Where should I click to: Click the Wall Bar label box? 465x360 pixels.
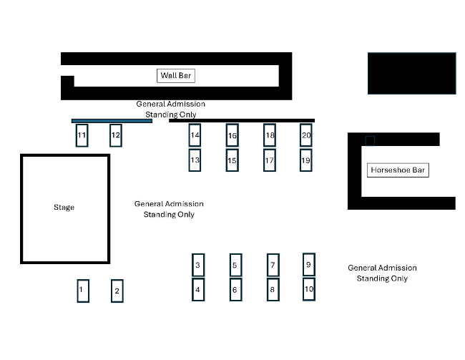tap(176, 76)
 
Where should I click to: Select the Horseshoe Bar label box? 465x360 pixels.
tap(398, 170)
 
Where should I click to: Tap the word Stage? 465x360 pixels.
tap(64, 207)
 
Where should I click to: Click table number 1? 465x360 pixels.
tap(83, 291)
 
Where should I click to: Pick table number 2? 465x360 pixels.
tap(117, 291)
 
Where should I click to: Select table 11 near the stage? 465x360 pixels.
tap(82, 135)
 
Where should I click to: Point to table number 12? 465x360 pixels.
tap(116, 135)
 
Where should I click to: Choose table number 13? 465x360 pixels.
tap(195, 160)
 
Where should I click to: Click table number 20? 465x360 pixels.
tap(305, 135)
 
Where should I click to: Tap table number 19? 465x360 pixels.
tap(305, 160)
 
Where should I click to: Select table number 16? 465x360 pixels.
tap(232, 135)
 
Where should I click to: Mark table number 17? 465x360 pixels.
tap(270, 160)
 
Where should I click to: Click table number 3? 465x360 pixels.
tap(198, 265)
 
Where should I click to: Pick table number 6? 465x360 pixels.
tap(236, 290)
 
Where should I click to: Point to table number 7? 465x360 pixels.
tap(273, 265)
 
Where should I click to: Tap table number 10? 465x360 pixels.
tap(309, 289)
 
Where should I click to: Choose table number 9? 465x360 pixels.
tap(309, 264)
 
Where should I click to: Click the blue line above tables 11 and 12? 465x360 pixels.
tap(112, 121)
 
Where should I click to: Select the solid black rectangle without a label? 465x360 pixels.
tap(412, 74)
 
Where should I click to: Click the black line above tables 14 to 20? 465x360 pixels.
tap(242, 120)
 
